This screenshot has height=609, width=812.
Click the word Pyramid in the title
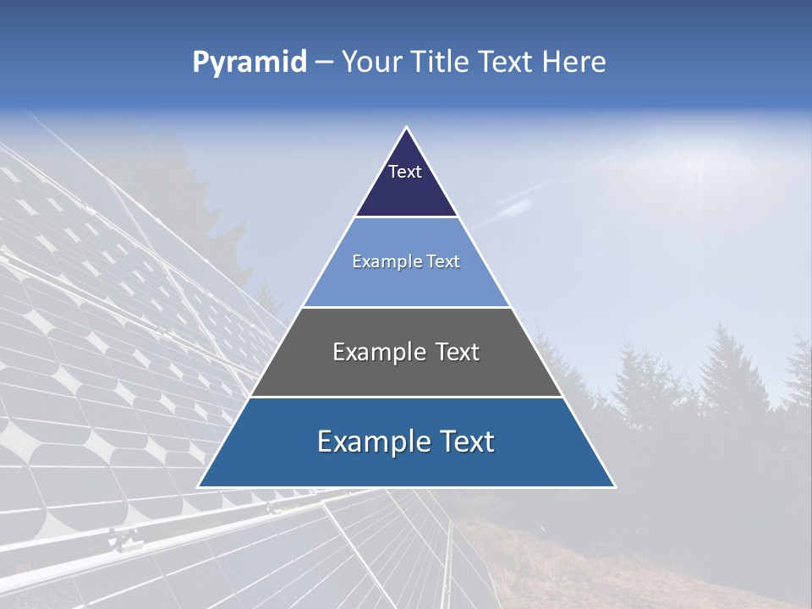pos(250,63)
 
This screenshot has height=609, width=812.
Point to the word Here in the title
pos(574,63)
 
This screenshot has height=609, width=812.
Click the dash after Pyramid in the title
pos(324,63)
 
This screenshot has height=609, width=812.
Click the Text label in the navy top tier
pos(405,172)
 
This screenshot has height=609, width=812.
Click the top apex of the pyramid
pos(407,129)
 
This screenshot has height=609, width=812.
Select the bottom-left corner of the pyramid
pos(200,486)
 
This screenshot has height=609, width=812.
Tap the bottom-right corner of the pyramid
pos(614,486)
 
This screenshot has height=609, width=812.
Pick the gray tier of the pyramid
pos(406,376)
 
